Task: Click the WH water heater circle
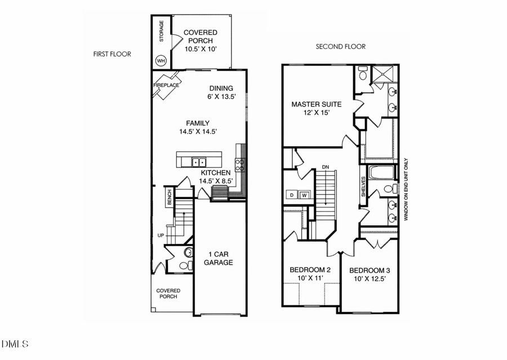(161, 60)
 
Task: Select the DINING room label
(221, 88)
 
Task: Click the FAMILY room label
(198, 123)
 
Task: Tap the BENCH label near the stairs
(168, 197)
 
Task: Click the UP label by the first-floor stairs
(161, 235)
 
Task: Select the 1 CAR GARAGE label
(217, 257)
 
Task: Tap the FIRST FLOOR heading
(112, 54)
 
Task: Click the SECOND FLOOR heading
(340, 47)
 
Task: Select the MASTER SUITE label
(316, 104)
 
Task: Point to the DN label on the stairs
(325, 167)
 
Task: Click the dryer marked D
(292, 195)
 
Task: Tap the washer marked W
(304, 195)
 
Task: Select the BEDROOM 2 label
(310, 270)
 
